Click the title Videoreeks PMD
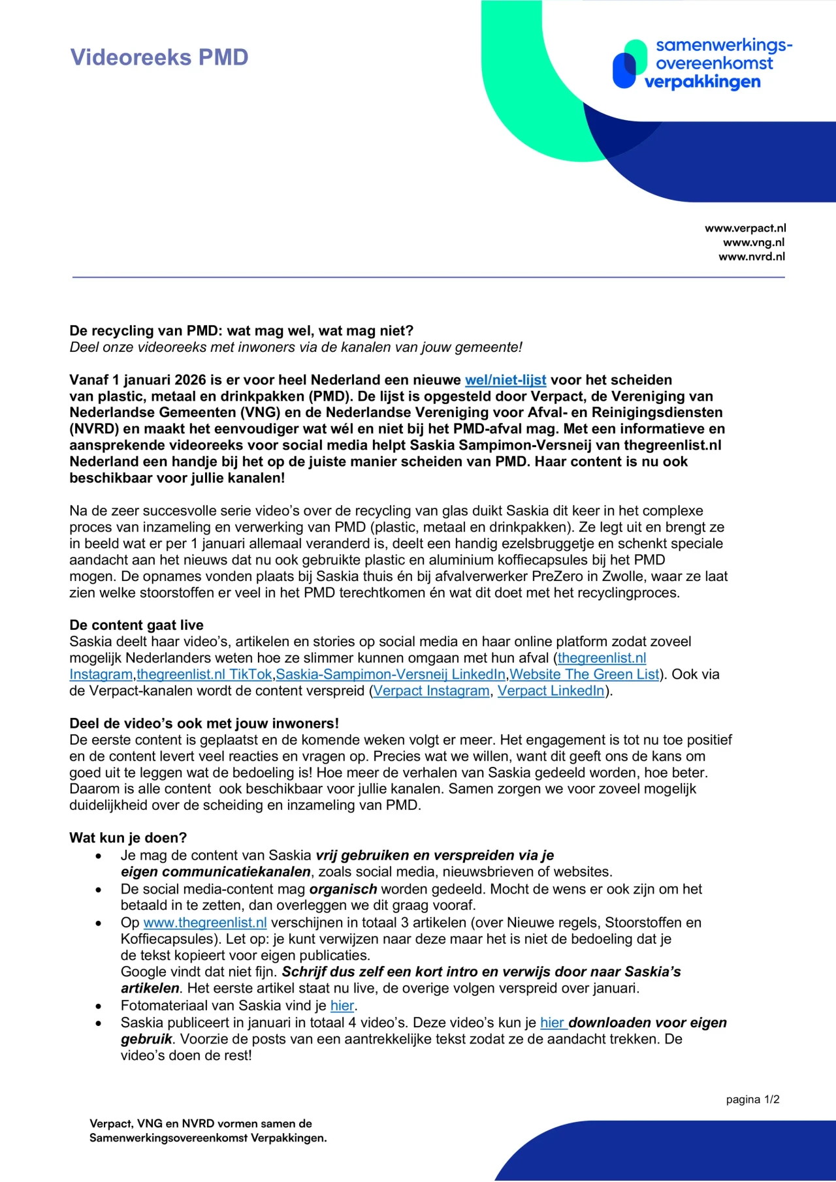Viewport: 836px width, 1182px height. [159, 57]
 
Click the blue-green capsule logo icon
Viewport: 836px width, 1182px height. [627, 65]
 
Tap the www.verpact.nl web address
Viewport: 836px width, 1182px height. [745, 228]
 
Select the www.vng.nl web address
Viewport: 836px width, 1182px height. [753, 242]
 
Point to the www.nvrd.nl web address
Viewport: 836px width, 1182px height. [751, 257]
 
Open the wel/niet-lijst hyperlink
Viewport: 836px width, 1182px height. [505, 380]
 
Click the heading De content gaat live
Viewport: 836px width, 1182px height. [137, 625]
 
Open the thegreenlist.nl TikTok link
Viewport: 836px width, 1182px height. [204, 674]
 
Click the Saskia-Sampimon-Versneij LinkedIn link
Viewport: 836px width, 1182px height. [391, 674]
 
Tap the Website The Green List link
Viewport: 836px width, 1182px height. [584, 674]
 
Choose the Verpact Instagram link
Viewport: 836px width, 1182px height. [431, 691]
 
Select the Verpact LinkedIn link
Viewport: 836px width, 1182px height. [551, 691]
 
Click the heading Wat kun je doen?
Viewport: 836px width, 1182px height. [128, 837]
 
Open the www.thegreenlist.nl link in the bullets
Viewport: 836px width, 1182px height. [205, 922]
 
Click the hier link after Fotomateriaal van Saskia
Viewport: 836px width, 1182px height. [342, 1005]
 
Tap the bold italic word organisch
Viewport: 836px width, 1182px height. [343, 889]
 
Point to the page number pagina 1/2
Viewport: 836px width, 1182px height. [752, 1100]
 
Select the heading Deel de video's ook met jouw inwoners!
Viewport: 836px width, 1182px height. [204, 723]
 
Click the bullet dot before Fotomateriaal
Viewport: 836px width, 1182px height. [99, 1006]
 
